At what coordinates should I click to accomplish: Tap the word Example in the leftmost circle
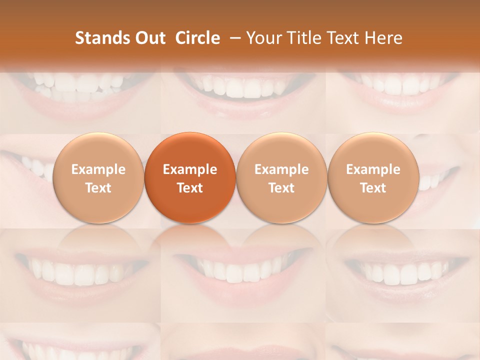pyautogui.click(x=98, y=169)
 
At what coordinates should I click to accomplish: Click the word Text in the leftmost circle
pyautogui.click(x=98, y=188)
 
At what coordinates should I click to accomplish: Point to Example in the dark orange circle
pyautogui.click(x=190, y=169)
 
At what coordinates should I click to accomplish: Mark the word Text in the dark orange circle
pyautogui.click(x=190, y=188)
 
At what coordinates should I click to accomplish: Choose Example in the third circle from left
pyautogui.click(x=281, y=169)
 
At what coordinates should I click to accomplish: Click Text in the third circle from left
pyautogui.click(x=281, y=188)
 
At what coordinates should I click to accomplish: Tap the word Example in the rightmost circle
pyautogui.click(x=373, y=169)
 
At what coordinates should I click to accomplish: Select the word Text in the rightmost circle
pyautogui.click(x=373, y=188)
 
